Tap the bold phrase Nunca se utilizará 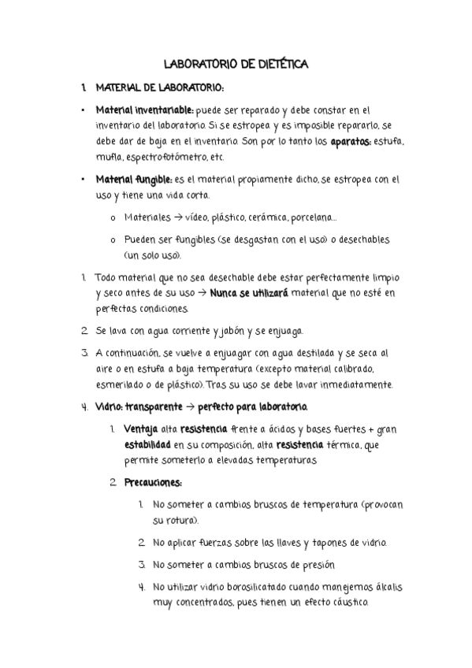click(x=249, y=293)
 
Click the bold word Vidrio click(x=108, y=407)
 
